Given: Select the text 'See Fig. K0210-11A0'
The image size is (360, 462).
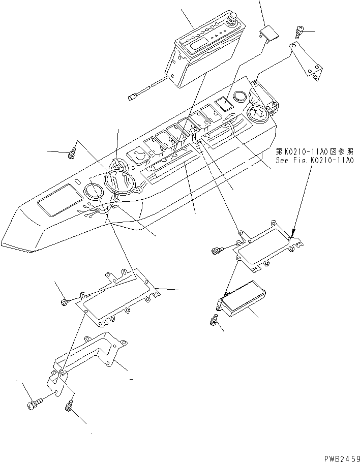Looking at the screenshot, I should (314, 160).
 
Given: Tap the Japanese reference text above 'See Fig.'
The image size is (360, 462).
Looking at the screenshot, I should (314, 151).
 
